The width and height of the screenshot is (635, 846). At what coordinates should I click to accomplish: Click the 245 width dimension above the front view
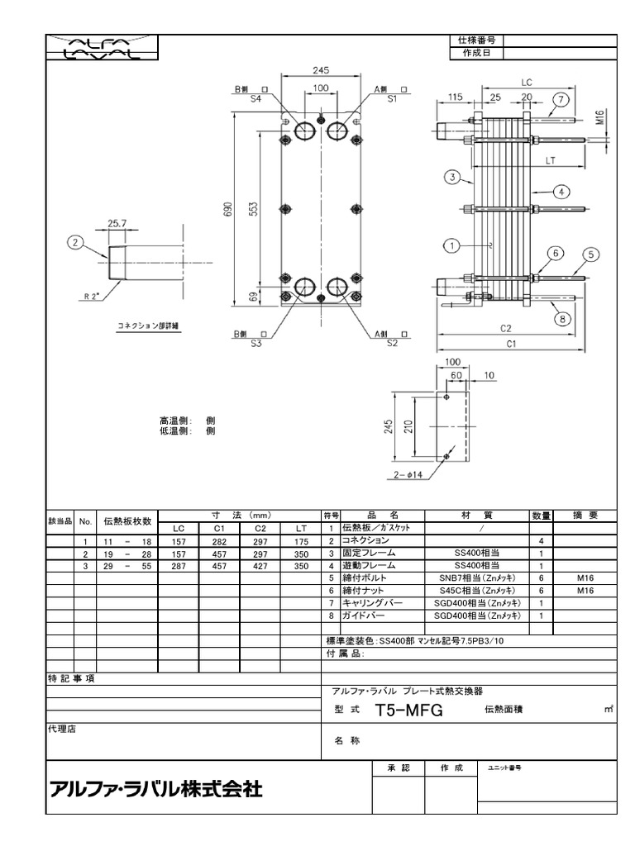pos(321,71)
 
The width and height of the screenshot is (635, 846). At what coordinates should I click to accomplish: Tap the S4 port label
pos(255,98)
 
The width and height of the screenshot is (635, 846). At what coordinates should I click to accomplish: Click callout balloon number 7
pos(561,101)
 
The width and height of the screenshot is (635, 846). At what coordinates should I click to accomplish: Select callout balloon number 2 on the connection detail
pos(77,242)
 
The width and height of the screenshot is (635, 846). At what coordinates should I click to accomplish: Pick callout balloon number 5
pos(591,254)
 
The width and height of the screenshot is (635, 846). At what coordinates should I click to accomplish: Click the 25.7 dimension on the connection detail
pos(117,223)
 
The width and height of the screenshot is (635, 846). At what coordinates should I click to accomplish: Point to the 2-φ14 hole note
pos(408,475)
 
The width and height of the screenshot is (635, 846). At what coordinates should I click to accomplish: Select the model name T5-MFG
pos(409,710)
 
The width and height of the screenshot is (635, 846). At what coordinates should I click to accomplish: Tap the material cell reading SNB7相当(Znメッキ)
pos(478,578)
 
